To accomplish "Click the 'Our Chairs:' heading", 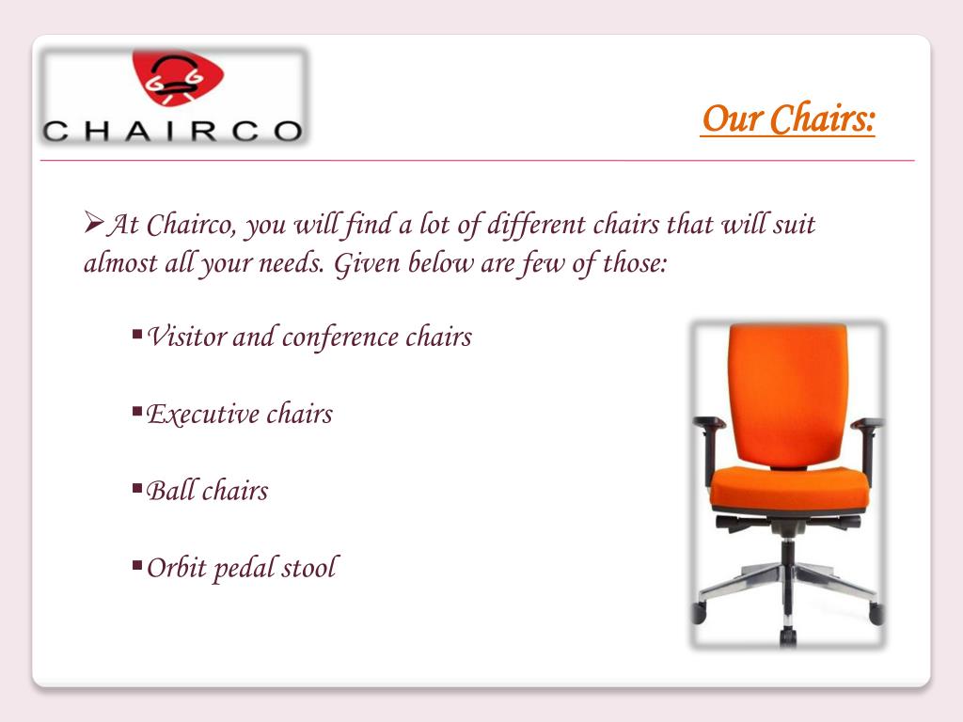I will tap(787, 119).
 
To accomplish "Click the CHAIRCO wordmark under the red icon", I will tap(173, 131).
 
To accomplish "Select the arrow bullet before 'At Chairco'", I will tap(93, 224).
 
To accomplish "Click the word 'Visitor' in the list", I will tap(186, 337).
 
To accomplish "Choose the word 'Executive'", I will tap(200, 414).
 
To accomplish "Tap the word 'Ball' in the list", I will tap(168, 491).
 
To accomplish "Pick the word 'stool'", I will tap(308, 568).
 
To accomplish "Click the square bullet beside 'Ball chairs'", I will tap(137, 487).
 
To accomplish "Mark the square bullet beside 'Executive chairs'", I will tap(137, 410).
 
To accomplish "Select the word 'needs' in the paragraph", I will tap(293, 263).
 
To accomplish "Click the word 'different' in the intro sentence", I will tap(540, 227).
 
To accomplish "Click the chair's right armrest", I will tap(867, 425).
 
